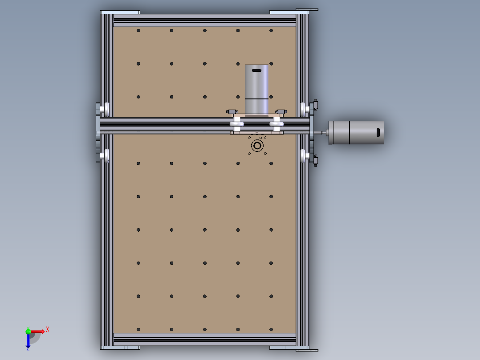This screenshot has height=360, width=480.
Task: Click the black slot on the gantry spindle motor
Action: pyautogui.click(x=257, y=70)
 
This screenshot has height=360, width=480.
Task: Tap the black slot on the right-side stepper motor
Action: pyautogui.click(x=378, y=132)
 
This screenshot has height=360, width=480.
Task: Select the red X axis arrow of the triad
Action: pyautogui.click(x=37, y=331)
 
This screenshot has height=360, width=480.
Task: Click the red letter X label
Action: pyautogui.click(x=48, y=329)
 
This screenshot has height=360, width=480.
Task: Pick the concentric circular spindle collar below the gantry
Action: pyautogui.click(x=257, y=145)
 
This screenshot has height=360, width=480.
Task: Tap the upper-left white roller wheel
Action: pyautogui.click(x=106, y=109)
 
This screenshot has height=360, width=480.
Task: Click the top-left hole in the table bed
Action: pyautogui.click(x=138, y=31)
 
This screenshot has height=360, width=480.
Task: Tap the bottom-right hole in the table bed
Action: pyautogui.click(x=271, y=329)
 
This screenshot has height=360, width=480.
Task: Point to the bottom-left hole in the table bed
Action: pyautogui.click(x=138, y=329)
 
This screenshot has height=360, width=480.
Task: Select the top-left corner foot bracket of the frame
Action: pyautogui.click(x=120, y=12)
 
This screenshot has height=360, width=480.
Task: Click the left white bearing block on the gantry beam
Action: pyautogui.click(x=236, y=124)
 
